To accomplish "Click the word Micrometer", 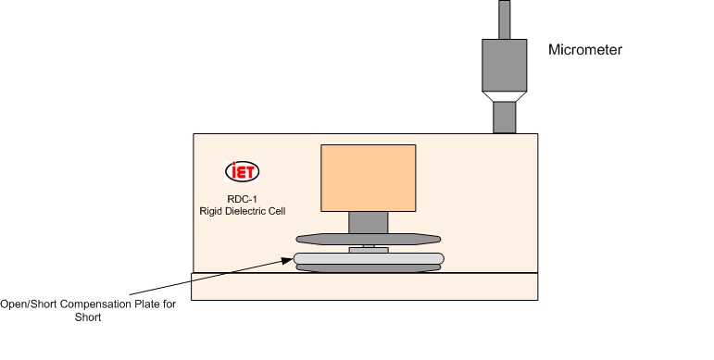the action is click(x=584, y=50).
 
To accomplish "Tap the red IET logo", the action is click(x=243, y=171).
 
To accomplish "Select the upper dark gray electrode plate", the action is click(x=368, y=238).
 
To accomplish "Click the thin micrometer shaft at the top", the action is click(x=504, y=19).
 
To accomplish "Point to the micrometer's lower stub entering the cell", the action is click(x=503, y=118).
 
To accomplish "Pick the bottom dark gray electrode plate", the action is click(x=368, y=268).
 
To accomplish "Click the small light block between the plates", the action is click(x=368, y=248).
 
